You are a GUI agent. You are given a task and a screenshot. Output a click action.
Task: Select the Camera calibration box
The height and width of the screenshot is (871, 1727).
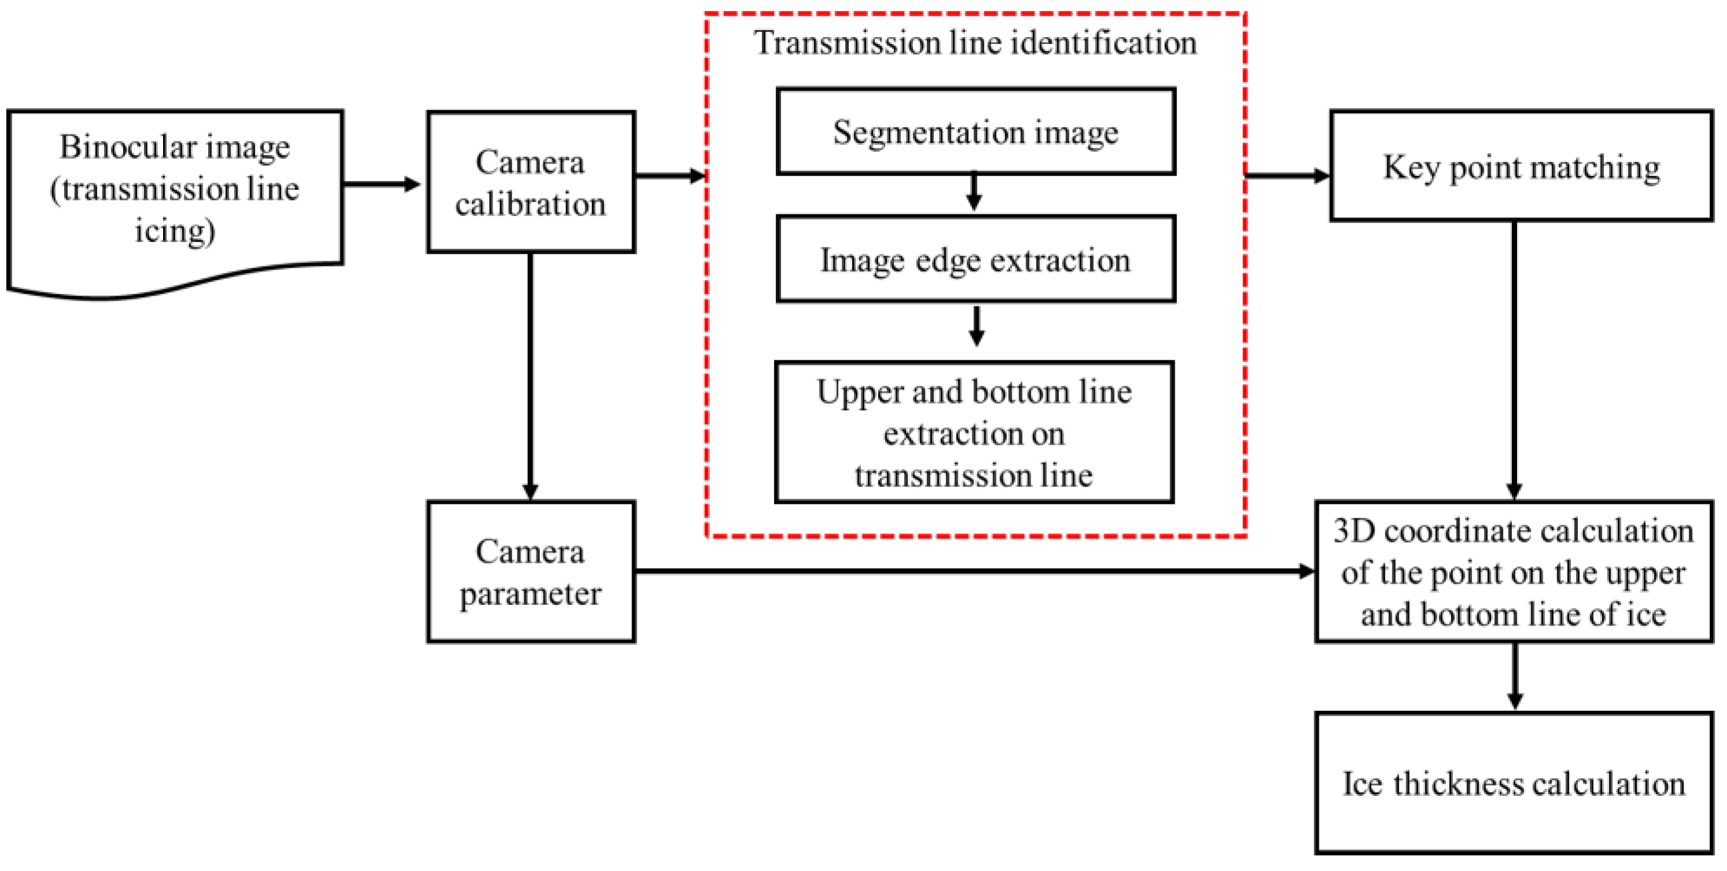pos(530,182)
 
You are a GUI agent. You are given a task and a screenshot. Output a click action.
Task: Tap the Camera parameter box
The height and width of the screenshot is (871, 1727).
pos(530,571)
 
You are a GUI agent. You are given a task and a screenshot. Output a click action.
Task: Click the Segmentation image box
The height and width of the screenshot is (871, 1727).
pos(975,131)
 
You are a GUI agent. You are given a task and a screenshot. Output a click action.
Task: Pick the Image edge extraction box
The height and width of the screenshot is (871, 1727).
pos(975,260)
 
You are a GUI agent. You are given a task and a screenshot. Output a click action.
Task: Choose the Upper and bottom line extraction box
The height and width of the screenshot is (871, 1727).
pos(974,433)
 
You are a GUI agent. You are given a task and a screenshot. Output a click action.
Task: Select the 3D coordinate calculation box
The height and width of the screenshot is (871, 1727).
pos(1514,571)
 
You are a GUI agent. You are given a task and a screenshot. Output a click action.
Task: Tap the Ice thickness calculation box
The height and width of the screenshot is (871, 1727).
pos(1514,783)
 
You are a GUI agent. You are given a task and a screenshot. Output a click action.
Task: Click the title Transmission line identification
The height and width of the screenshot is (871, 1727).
pos(975,42)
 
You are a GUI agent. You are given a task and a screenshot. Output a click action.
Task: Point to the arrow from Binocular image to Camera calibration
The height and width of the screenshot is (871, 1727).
pos(382,184)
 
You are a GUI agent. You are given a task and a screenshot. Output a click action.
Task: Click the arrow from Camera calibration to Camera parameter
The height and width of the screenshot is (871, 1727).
pos(530,375)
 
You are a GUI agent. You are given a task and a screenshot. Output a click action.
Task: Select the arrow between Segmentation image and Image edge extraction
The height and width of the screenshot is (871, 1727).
pos(974,193)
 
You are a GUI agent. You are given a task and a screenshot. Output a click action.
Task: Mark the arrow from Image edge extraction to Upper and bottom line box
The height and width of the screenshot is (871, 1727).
pos(977,327)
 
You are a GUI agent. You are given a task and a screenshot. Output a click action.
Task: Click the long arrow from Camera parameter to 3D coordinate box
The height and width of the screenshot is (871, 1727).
pos(972,571)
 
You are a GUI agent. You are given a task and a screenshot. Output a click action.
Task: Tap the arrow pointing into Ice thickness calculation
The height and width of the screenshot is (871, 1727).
pos(1514,676)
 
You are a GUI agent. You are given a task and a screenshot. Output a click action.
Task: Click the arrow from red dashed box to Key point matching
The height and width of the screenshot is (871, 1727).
pos(1287,176)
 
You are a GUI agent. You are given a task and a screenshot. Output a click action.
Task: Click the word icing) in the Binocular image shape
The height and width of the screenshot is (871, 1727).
pos(175,231)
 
